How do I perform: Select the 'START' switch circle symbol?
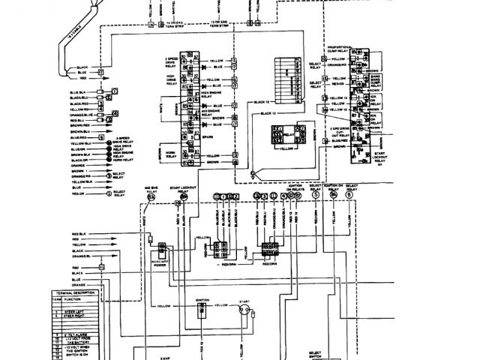pyautogui.click(x=243, y=315)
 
